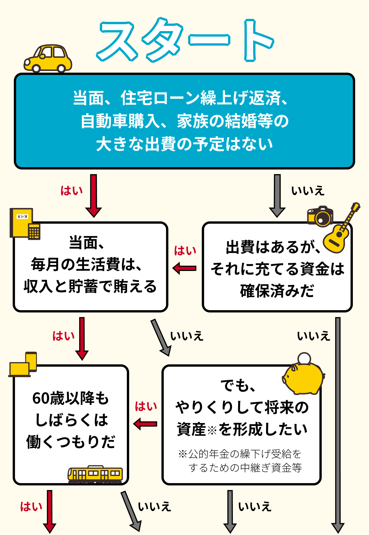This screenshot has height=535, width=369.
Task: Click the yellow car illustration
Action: [x=48, y=59]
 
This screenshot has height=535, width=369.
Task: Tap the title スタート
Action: [x=184, y=40]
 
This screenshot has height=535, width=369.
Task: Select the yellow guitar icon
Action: [x=340, y=231]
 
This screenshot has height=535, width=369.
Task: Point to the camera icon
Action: [x=320, y=216]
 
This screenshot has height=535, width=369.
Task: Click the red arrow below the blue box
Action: [x=93, y=195]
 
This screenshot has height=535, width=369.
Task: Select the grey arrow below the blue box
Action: [x=277, y=195]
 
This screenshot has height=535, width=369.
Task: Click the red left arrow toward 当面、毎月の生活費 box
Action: [x=184, y=268]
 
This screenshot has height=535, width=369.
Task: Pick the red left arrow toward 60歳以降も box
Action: [x=145, y=424]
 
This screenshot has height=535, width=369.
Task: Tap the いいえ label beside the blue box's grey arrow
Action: [x=308, y=191]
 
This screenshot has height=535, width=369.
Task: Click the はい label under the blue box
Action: [x=71, y=191]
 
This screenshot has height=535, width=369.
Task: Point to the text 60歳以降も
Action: [x=71, y=398]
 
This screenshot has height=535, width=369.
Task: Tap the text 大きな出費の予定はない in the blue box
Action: [x=184, y=144]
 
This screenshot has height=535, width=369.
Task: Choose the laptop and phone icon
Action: [x=23, y=365]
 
